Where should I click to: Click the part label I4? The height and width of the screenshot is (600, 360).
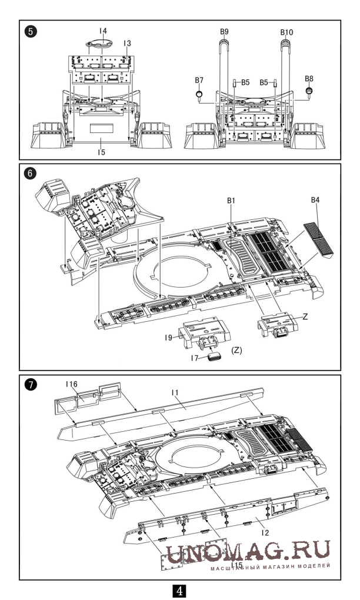coord(104,30)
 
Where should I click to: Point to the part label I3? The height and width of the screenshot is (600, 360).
coord(127,43)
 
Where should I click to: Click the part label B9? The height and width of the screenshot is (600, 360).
coord(225,31)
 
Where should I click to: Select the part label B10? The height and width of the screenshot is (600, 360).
coord(285,31)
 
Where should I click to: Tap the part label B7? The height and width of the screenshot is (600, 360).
coord(199,79)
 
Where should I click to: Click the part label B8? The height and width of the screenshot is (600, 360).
coord(309,78)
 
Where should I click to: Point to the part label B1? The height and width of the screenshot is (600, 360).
coord(231,201)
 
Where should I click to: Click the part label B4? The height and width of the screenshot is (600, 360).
coord(316,201)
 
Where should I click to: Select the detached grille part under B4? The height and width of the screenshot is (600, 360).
coord(318,239)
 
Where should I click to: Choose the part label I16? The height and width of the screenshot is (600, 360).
coord(72,384)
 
